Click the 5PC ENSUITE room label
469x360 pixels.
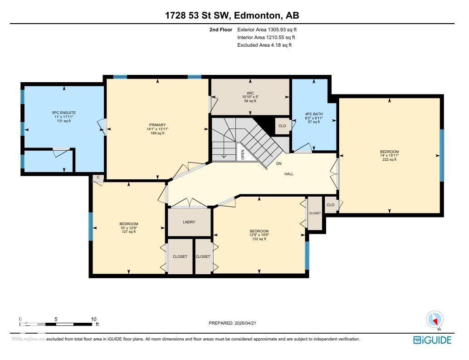64,113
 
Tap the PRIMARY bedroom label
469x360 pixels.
157,125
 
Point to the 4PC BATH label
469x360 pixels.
313,114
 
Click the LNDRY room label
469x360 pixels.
189,222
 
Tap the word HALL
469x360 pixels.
289,174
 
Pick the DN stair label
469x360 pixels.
278,163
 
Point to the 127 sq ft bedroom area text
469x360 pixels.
129,232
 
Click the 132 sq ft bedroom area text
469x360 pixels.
259,239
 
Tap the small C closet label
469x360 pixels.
98,178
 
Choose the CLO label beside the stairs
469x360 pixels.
282,126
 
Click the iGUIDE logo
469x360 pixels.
432,340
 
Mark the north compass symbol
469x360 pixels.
435,320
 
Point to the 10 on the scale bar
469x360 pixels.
94,319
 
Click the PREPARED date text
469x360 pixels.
235,323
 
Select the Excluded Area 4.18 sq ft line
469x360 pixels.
264,45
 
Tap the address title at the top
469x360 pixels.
232,16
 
